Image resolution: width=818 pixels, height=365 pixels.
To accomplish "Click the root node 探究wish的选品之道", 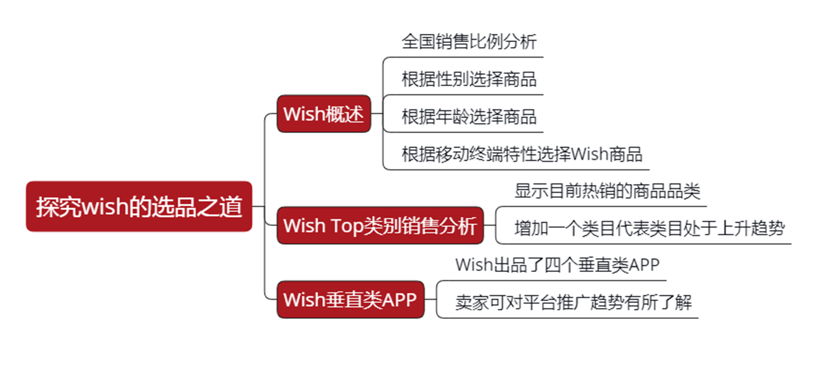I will [139, 207].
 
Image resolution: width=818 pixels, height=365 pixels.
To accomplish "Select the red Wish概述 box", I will [323, 114].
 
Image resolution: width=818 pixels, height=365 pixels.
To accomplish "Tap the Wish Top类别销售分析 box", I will [380, 225].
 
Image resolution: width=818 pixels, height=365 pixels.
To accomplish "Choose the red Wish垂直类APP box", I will [350, 300].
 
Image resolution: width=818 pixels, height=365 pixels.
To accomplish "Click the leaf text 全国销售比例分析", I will [469, 41].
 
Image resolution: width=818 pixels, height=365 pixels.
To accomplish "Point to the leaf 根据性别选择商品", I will [469, 79].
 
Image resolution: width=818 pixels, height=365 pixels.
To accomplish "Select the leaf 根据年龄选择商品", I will [469, 117].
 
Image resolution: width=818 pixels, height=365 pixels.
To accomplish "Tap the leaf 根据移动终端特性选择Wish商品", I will [522, 154].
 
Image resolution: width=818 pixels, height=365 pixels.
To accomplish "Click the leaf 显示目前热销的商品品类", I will [607, 191].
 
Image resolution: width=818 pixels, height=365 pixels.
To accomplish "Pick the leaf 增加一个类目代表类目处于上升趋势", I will [649, 229].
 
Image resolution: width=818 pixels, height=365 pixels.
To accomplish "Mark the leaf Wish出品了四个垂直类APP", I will [557, 265].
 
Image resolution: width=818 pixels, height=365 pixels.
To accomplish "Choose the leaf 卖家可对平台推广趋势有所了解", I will [573, 302].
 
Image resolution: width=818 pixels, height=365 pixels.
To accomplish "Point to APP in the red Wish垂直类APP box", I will [399, 300].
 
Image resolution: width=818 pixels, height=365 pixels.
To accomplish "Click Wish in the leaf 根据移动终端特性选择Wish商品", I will [589, 154].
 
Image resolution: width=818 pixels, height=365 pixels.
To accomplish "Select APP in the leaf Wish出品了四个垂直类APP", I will [644, 265].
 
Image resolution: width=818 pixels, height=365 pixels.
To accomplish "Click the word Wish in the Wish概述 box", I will [299, 114].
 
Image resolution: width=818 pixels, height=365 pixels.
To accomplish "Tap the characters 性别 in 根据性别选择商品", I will [452, 79].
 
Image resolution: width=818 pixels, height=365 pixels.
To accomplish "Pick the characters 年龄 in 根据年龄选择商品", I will [452, 117].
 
